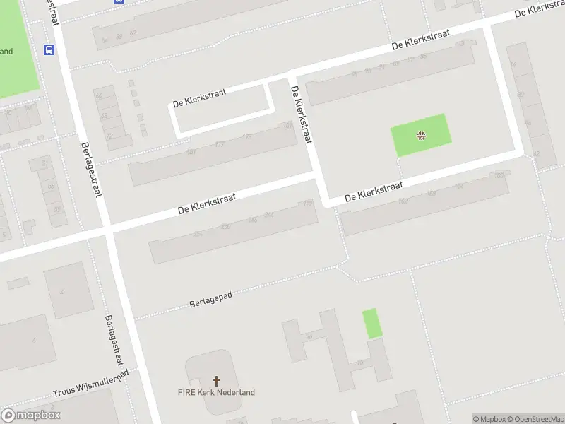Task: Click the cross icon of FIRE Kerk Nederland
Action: click(216, 380)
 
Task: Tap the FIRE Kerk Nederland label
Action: click(216, 392)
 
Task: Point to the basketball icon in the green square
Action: click(422, 135)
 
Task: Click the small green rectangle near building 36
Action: click(371, 324)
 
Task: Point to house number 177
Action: click(219, 144)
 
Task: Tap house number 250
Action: click(225, 226)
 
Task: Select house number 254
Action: click(198, 234)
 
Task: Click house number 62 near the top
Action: click(133, 33)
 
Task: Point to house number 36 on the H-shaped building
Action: click(309, 336)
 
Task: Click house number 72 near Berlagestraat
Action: click(109, 136)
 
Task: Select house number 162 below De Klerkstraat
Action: click(403, 201)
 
